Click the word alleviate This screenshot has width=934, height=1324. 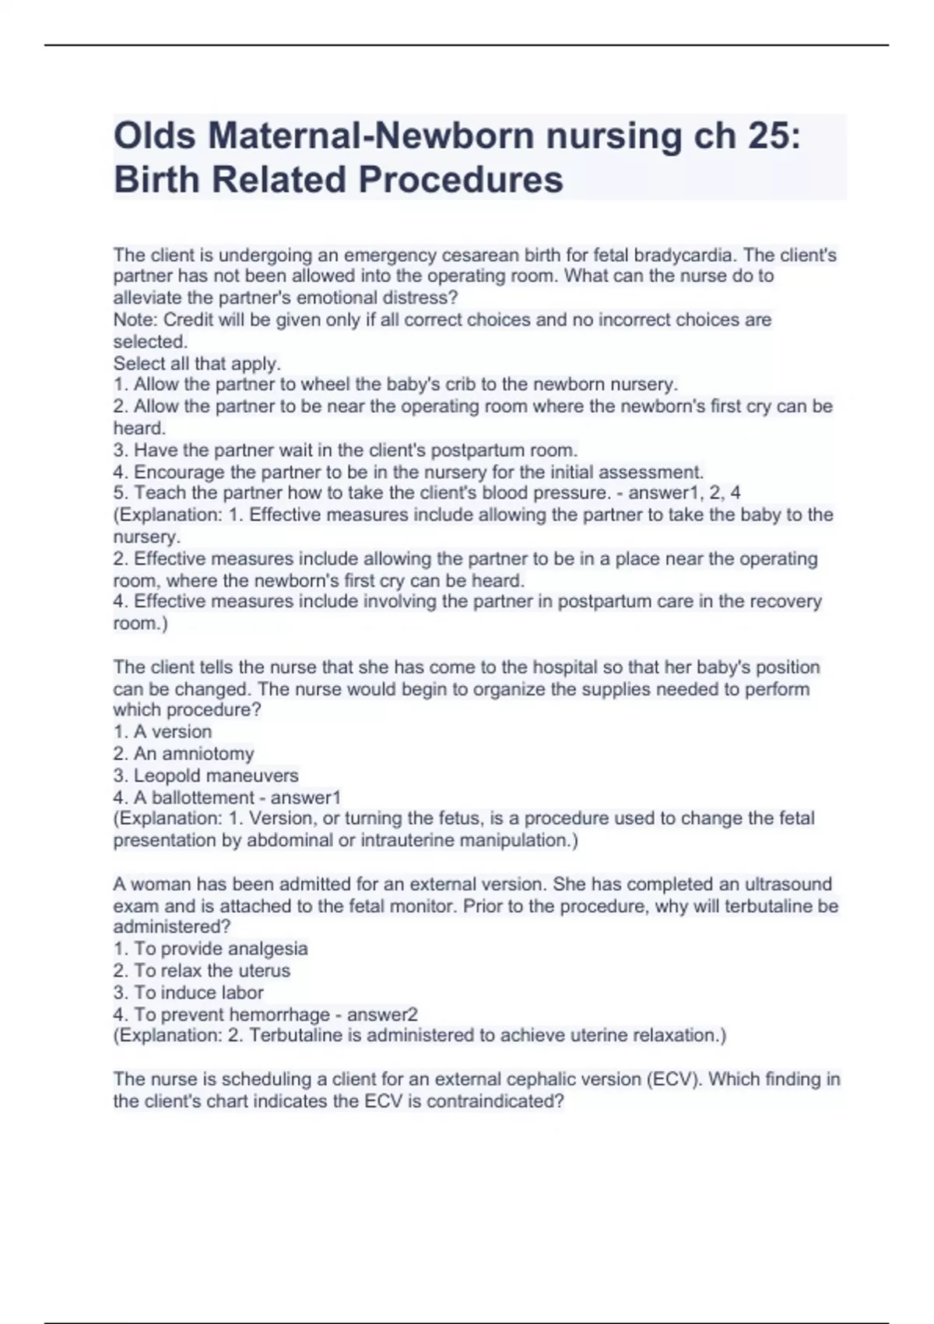(141, 298)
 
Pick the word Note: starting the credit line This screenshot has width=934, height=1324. (135, 319)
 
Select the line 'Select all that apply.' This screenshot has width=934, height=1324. (197, 363)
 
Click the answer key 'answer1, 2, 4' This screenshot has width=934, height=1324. (684, 492)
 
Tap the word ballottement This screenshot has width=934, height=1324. (203, 798)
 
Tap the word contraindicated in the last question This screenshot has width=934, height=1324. (494, 1101)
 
